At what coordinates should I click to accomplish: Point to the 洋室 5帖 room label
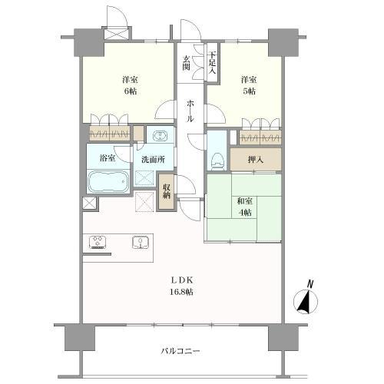(246, 84)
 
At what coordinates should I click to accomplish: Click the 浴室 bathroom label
(109, 159)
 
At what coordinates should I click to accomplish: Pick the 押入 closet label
(257, 160)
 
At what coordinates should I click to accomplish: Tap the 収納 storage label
(167, 191)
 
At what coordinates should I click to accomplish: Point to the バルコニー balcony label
(180, 352)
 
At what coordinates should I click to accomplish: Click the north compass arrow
(306, 304)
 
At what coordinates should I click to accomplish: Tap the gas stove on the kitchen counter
(98, 242)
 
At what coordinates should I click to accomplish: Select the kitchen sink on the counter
(140, 242)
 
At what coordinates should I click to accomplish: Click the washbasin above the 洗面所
(160, 137)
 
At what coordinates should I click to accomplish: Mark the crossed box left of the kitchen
(89, 204)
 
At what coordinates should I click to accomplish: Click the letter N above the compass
(310, 284)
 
